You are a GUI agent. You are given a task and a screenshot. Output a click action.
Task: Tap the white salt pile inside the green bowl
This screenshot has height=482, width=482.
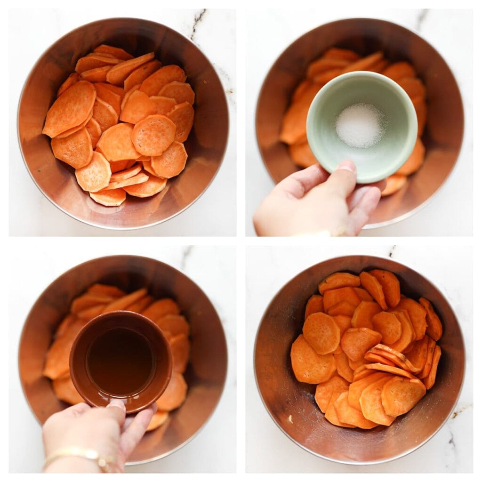pos(360,126)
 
